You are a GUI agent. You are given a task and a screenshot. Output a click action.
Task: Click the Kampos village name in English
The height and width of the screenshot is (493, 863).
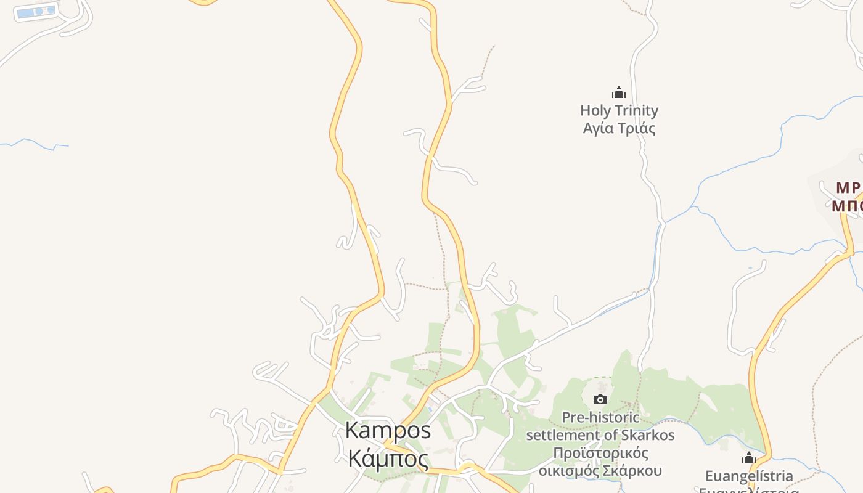click(x=388, y=430)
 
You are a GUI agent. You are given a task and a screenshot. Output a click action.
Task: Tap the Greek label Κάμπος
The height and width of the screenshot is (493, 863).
click(x=388, y=459)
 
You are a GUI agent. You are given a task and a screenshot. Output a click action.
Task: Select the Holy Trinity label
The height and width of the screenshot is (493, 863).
click(x=619, y=111)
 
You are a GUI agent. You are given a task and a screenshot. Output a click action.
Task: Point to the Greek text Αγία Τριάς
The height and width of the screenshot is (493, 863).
click(x=619, y=128)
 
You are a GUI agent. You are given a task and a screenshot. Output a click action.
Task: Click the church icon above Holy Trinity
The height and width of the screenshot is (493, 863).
click(x=619, y=93)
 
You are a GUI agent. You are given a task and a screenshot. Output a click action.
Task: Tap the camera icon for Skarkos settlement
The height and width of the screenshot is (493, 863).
click(x=600, y=400)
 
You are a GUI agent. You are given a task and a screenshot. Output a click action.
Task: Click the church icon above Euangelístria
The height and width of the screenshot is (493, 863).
click(x=749, y=458)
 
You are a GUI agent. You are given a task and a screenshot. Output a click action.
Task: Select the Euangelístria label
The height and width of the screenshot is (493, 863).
click(x=749, y=476)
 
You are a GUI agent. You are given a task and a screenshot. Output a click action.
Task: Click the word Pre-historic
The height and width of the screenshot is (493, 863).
click(x=600, y=417)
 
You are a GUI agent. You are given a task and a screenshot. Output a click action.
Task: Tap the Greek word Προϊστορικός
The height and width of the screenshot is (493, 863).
click(x=600, y=453)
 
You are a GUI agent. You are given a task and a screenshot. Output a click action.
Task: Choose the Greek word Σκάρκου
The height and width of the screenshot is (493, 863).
click(x=636, y=471)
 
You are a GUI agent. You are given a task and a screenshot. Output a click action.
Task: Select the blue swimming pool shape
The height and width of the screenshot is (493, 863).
click(x=35, y=12)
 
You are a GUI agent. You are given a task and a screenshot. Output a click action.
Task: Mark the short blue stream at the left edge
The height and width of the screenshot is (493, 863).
click(x=34, y=144)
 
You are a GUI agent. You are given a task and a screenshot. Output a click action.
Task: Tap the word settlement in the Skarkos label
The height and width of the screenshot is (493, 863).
click(x=564, y=435)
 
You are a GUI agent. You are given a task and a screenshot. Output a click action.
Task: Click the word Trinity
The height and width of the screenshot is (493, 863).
click(x=636, y=111)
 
